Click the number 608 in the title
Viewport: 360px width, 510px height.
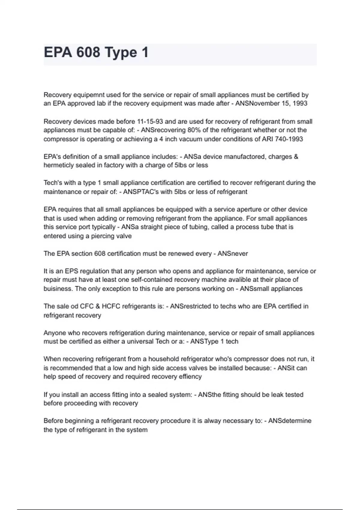coord(88,52)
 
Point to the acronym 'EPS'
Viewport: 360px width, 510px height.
coord(71,271)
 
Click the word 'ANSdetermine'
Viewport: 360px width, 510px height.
coord(290,421)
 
